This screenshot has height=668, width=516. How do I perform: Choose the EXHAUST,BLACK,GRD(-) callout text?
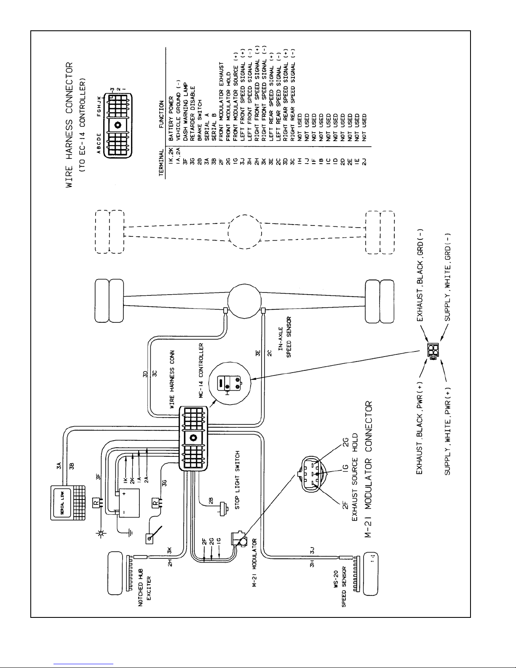click(x=421, y=276)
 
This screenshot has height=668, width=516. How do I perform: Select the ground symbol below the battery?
click(x=131, y=532)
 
